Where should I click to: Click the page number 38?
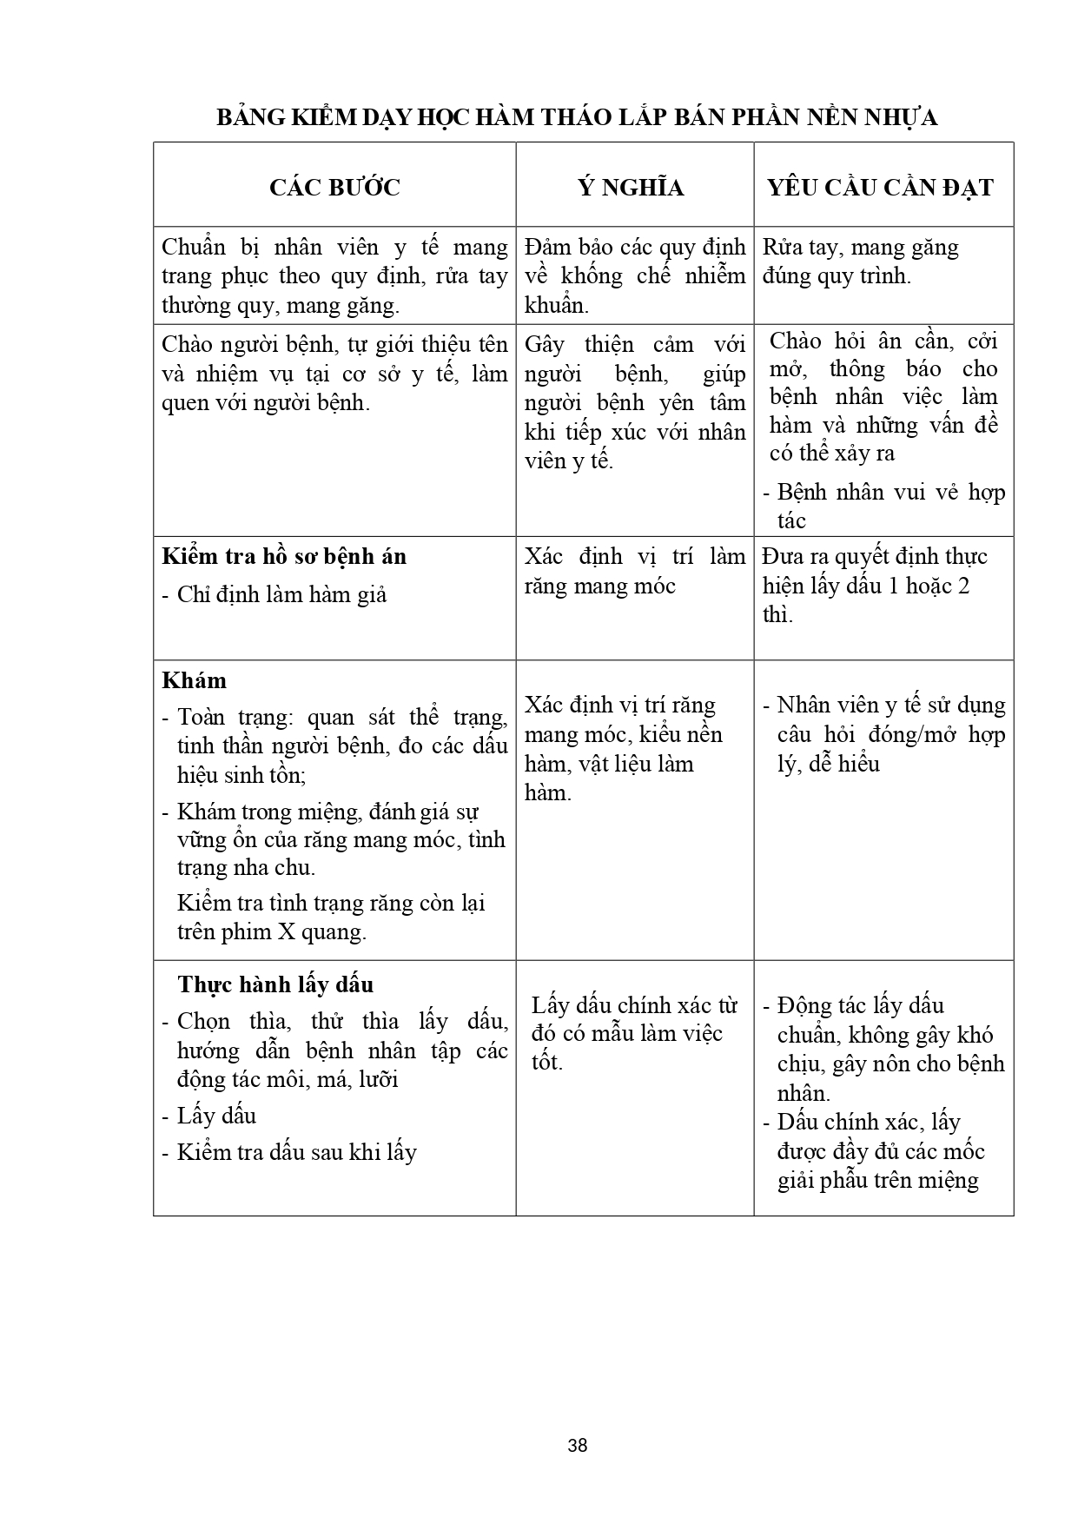(x=577, y=1446)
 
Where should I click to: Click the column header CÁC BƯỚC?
(x=334, y=188)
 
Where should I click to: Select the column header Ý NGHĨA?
(x=632, y=188)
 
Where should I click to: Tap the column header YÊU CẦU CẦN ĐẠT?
(x=880, y=188)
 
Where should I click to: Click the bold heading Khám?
(x=195, y=680)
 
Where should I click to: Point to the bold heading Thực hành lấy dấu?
(x=275, y=984)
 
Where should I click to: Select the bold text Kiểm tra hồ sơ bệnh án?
(x=284, y=556)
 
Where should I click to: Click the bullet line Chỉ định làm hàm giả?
(x=281, y=595)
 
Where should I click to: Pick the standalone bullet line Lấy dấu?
(x=216, y=1116)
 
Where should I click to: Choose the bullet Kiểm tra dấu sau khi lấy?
(x=296, y=1153)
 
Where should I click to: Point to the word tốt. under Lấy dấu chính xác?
(x=547, y=1062)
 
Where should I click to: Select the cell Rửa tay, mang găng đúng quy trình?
(x=860, y=262)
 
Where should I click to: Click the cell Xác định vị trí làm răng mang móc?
(x=634, y=571)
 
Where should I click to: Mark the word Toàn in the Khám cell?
(x=205, y=718)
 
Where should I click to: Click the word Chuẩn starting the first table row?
(x=194, y=248)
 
